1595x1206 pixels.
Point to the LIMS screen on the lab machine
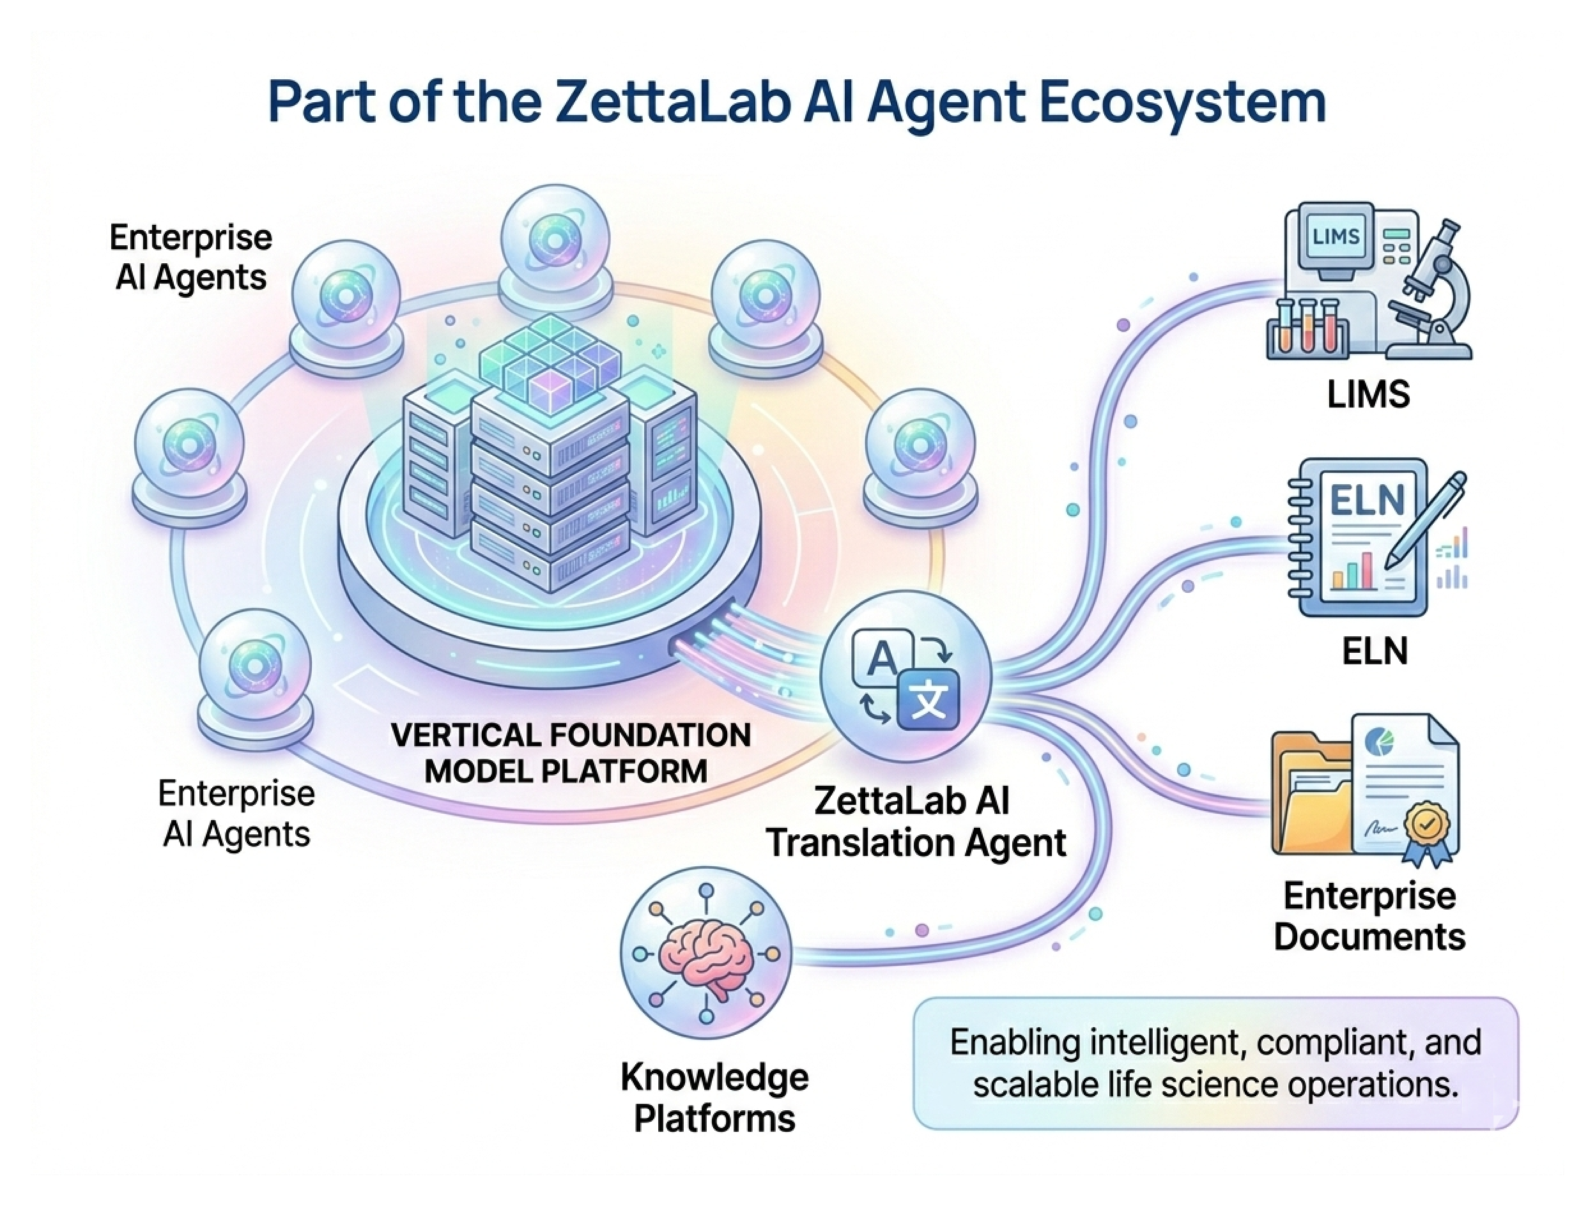pos(1336,237)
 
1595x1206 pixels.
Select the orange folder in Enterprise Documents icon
pos(1309,800)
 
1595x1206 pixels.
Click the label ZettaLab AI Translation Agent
pos(916,822)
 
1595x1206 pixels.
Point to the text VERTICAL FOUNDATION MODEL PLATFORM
pos(569,753)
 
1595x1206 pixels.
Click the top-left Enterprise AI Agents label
pos(191,257)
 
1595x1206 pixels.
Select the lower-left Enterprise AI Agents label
pos(236,814)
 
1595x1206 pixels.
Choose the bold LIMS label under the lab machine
pos(1368,395)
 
